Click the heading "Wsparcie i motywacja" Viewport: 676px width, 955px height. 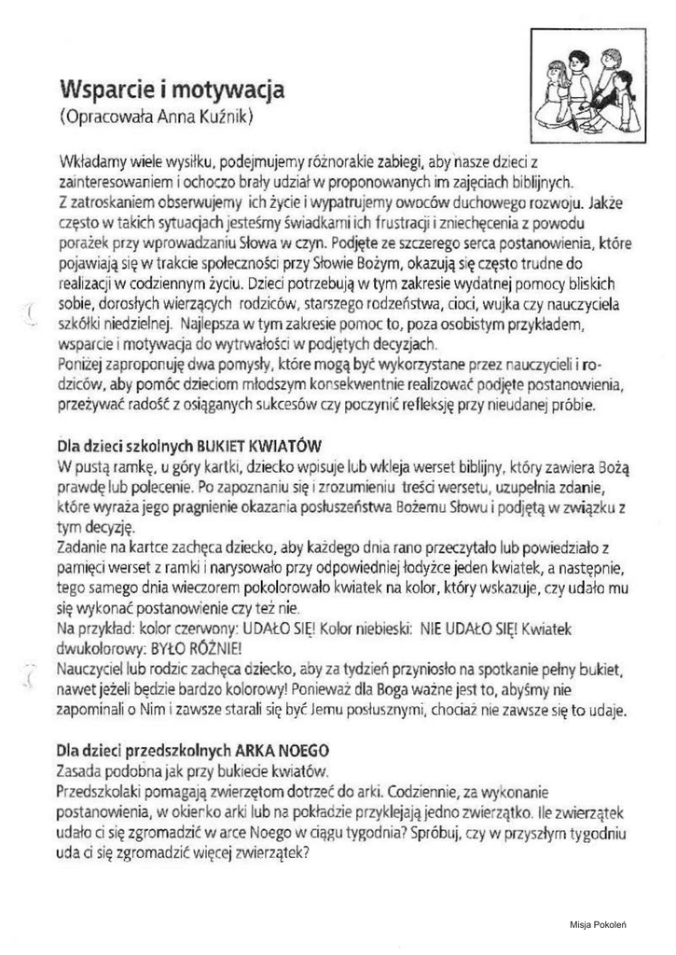(171, 90)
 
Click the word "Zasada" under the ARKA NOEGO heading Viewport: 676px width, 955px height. (78, 769)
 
